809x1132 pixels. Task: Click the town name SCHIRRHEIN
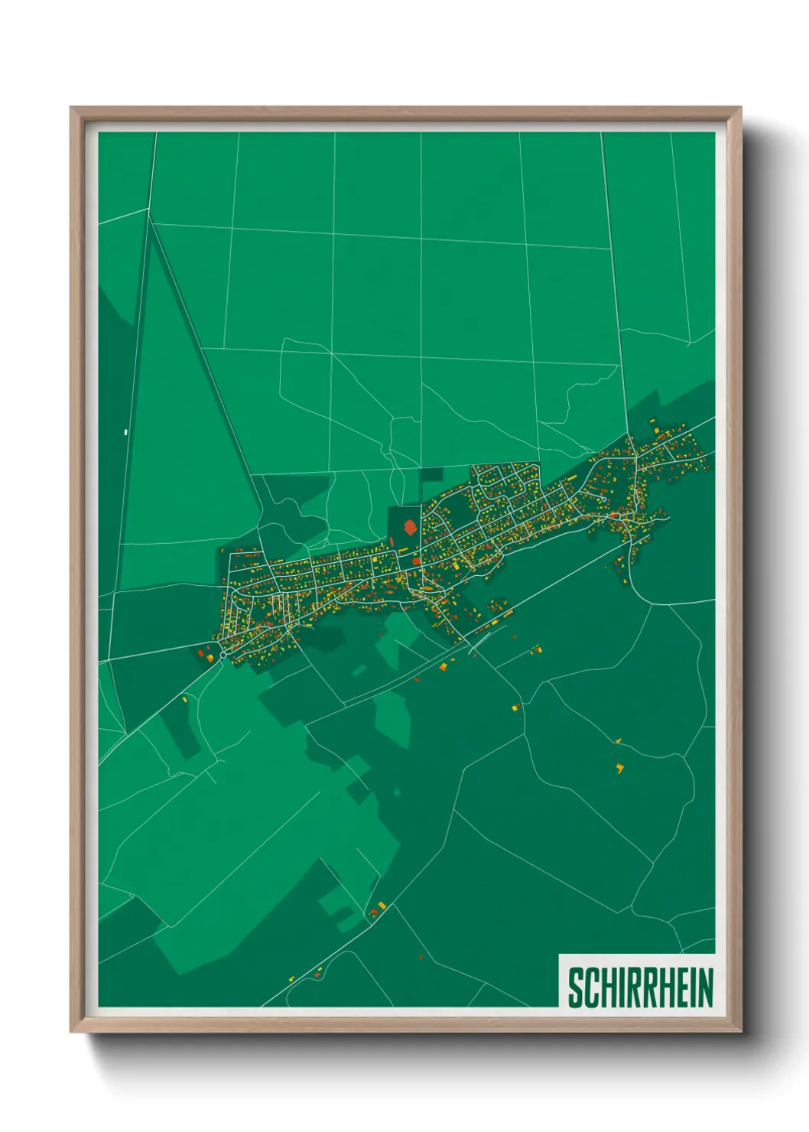pos(639,987)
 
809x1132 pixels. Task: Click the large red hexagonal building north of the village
pos(410,527)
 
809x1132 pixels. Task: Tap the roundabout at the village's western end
pos(223,655)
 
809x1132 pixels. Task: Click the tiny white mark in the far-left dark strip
pos(125,432)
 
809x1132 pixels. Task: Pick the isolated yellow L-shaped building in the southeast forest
pos(619,767)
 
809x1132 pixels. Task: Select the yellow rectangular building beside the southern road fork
pos(382,906)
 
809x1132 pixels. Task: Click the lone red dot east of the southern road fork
pos(421,957)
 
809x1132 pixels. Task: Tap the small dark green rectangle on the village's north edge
pos(431,474)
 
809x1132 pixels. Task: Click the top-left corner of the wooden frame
pos(72,109)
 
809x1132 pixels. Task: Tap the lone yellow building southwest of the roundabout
pos(184,698)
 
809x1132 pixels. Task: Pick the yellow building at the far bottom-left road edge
pos(291,978)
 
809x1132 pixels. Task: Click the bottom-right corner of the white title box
pos(714,1007)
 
